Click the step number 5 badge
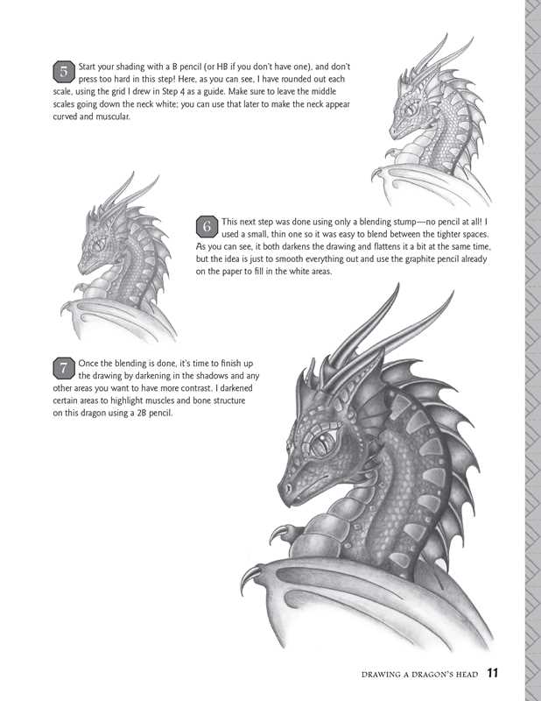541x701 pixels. pyautogui.click(x=66, y=71)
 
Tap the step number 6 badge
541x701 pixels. pyautogui.click(x=207, y=227)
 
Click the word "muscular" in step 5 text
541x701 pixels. pyautogui.click(x=108, y=117)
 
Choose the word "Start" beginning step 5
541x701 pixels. pyautogui.click(x=90, y=67)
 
